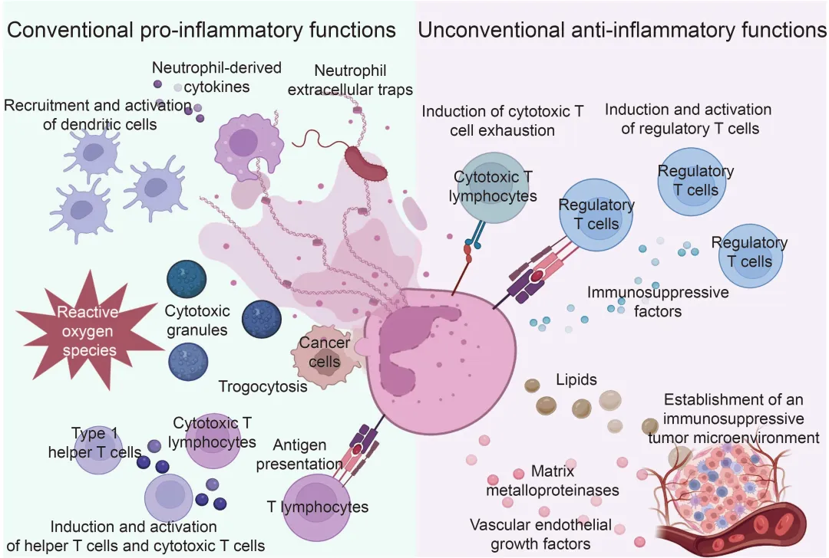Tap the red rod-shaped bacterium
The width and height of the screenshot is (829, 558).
point(366,161)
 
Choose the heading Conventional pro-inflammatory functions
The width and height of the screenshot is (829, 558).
point(202,30)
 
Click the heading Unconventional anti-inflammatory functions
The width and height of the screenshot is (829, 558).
point(623,30)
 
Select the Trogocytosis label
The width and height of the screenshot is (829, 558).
point(263,386)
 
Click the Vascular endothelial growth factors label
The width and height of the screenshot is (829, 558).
point(540,534)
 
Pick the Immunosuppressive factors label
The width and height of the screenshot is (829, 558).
point(658,302)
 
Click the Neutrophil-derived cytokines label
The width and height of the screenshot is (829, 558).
point(216,77)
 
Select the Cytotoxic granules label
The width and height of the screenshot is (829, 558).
point(196,321)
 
